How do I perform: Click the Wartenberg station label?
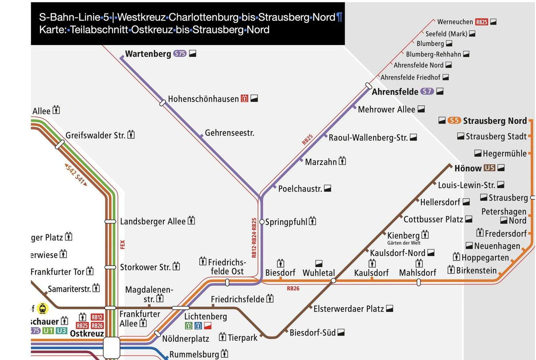pyautogui.click(x=148, y=54)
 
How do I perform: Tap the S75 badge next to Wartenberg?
pyautogui.click(x=180, y=54)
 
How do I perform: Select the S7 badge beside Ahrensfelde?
pyautogui.click(x=427, y=91)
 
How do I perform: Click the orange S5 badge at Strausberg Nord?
pyautogui.click(x=454, y=120)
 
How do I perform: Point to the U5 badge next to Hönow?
pyautogui.click(x=489, y=168)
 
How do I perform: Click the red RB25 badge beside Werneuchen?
pyautogui.click(x=481, y=22)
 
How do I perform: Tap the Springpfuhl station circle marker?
pyautogui.click(x=262, y=222)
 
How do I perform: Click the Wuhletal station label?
pyautogui.click(x=319, y=273)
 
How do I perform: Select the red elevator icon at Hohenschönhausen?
pyautogui.click(x=245, y=99)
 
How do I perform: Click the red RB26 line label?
pyautogui.click(x=293, y=289)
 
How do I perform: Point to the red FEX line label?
pyautogui.click(x=122, y=245)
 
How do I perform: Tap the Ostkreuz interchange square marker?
pyautogui.click(x=111, y=348)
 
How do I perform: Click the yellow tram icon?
pyautogui.click(x=43, y=309)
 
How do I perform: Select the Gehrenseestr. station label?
pyautogui.click(x=229, y=133)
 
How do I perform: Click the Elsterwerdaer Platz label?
pyautogui.click(x=348, y=309)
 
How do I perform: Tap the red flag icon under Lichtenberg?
pyautogui.click(x=208, y=326)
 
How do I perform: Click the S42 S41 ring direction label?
pyautogui.click(x=76, y=174)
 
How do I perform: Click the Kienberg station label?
pyautogui.click(x=403, y=236)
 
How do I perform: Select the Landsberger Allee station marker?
pyautogui.click(x=110, y=222)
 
